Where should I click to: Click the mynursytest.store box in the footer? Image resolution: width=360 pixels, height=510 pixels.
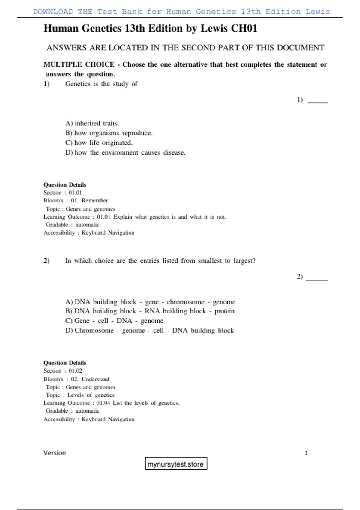176,464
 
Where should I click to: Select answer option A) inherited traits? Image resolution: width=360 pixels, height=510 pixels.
92,123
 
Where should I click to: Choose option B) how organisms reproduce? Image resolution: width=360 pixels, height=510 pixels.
109,133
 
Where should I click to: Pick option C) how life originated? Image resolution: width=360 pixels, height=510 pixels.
99,143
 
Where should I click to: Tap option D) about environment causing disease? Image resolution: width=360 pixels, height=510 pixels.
125,152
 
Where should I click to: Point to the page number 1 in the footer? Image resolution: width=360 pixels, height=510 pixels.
306,453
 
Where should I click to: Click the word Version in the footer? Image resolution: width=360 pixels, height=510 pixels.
55,453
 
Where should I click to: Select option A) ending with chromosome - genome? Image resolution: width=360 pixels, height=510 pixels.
150,302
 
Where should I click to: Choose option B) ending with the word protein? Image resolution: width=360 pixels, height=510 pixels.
150,311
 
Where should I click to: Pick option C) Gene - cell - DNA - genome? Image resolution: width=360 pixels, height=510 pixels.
114,321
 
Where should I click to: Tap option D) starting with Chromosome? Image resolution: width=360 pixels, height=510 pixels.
149,330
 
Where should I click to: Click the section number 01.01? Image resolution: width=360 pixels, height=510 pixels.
75,193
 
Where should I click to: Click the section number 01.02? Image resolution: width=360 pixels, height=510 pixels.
75,371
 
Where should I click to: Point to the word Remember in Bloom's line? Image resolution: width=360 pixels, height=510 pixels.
95,200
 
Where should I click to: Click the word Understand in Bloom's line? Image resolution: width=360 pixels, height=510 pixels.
95,379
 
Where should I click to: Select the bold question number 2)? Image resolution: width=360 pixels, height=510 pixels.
46,261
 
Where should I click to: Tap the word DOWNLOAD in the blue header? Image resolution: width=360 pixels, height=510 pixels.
53,12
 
